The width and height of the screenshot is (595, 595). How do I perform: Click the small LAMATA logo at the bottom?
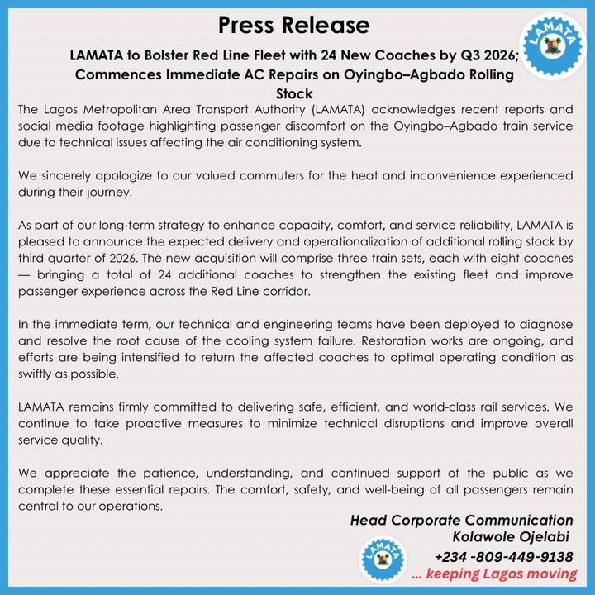[381, 559]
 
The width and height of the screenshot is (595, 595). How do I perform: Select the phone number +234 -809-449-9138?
[505, 556]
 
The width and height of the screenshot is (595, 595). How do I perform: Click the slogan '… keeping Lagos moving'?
[494, 574]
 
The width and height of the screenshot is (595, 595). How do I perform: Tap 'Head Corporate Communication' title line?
[461, 521]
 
